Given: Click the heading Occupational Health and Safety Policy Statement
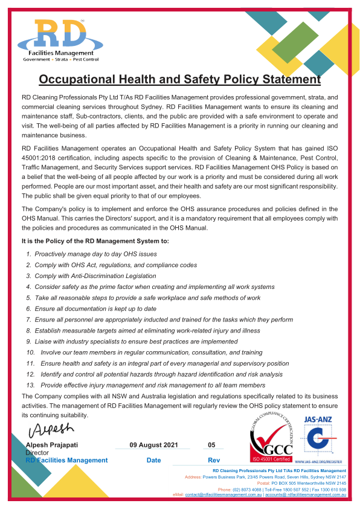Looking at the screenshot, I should tap(179, 79).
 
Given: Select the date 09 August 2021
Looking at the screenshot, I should tap(153, 445).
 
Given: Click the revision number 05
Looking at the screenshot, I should tap(211, 445).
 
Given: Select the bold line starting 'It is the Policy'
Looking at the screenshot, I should tap(95, 241).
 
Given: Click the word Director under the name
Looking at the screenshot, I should tap(37, 452).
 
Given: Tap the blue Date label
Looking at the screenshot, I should tap(153, 460).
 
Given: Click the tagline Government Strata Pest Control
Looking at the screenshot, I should tap(60, 60).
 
